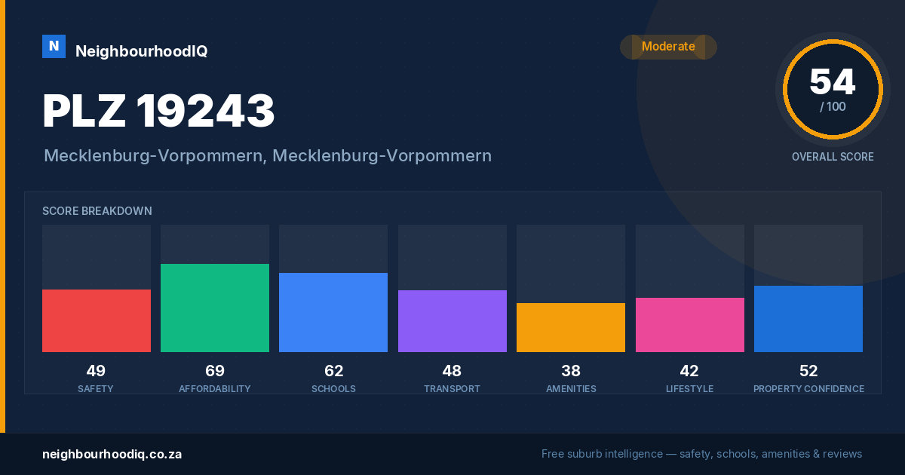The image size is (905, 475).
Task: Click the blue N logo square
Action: [54, 47]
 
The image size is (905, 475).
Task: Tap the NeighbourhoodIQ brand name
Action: [142, 51]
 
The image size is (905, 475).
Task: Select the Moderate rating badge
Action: [668, 47]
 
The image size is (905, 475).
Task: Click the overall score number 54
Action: [833, 82]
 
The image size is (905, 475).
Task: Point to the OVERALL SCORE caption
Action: [833, 157]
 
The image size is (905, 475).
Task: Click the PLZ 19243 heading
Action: [158, 111]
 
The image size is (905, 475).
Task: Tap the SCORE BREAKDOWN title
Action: [97, 211]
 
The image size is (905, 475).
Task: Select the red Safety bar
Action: [97, 320]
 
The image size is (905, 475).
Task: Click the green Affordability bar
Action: [215, 308]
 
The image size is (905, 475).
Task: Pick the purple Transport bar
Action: [452, 321]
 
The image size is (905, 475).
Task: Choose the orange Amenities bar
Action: [571, 327]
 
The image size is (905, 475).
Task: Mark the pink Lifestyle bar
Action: [690, 325]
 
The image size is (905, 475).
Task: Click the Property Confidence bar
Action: [808, 319]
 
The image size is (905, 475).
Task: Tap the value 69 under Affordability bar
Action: [215, 371]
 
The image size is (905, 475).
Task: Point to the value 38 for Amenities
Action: [571, 371]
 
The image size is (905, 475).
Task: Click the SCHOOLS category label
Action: [333, 388]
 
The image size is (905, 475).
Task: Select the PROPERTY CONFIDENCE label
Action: [808, 388]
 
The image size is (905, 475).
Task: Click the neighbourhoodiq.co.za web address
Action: [112, 455]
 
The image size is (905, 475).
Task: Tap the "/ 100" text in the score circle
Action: [833, 106]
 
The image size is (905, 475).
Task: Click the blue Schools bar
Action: [333, 312]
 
